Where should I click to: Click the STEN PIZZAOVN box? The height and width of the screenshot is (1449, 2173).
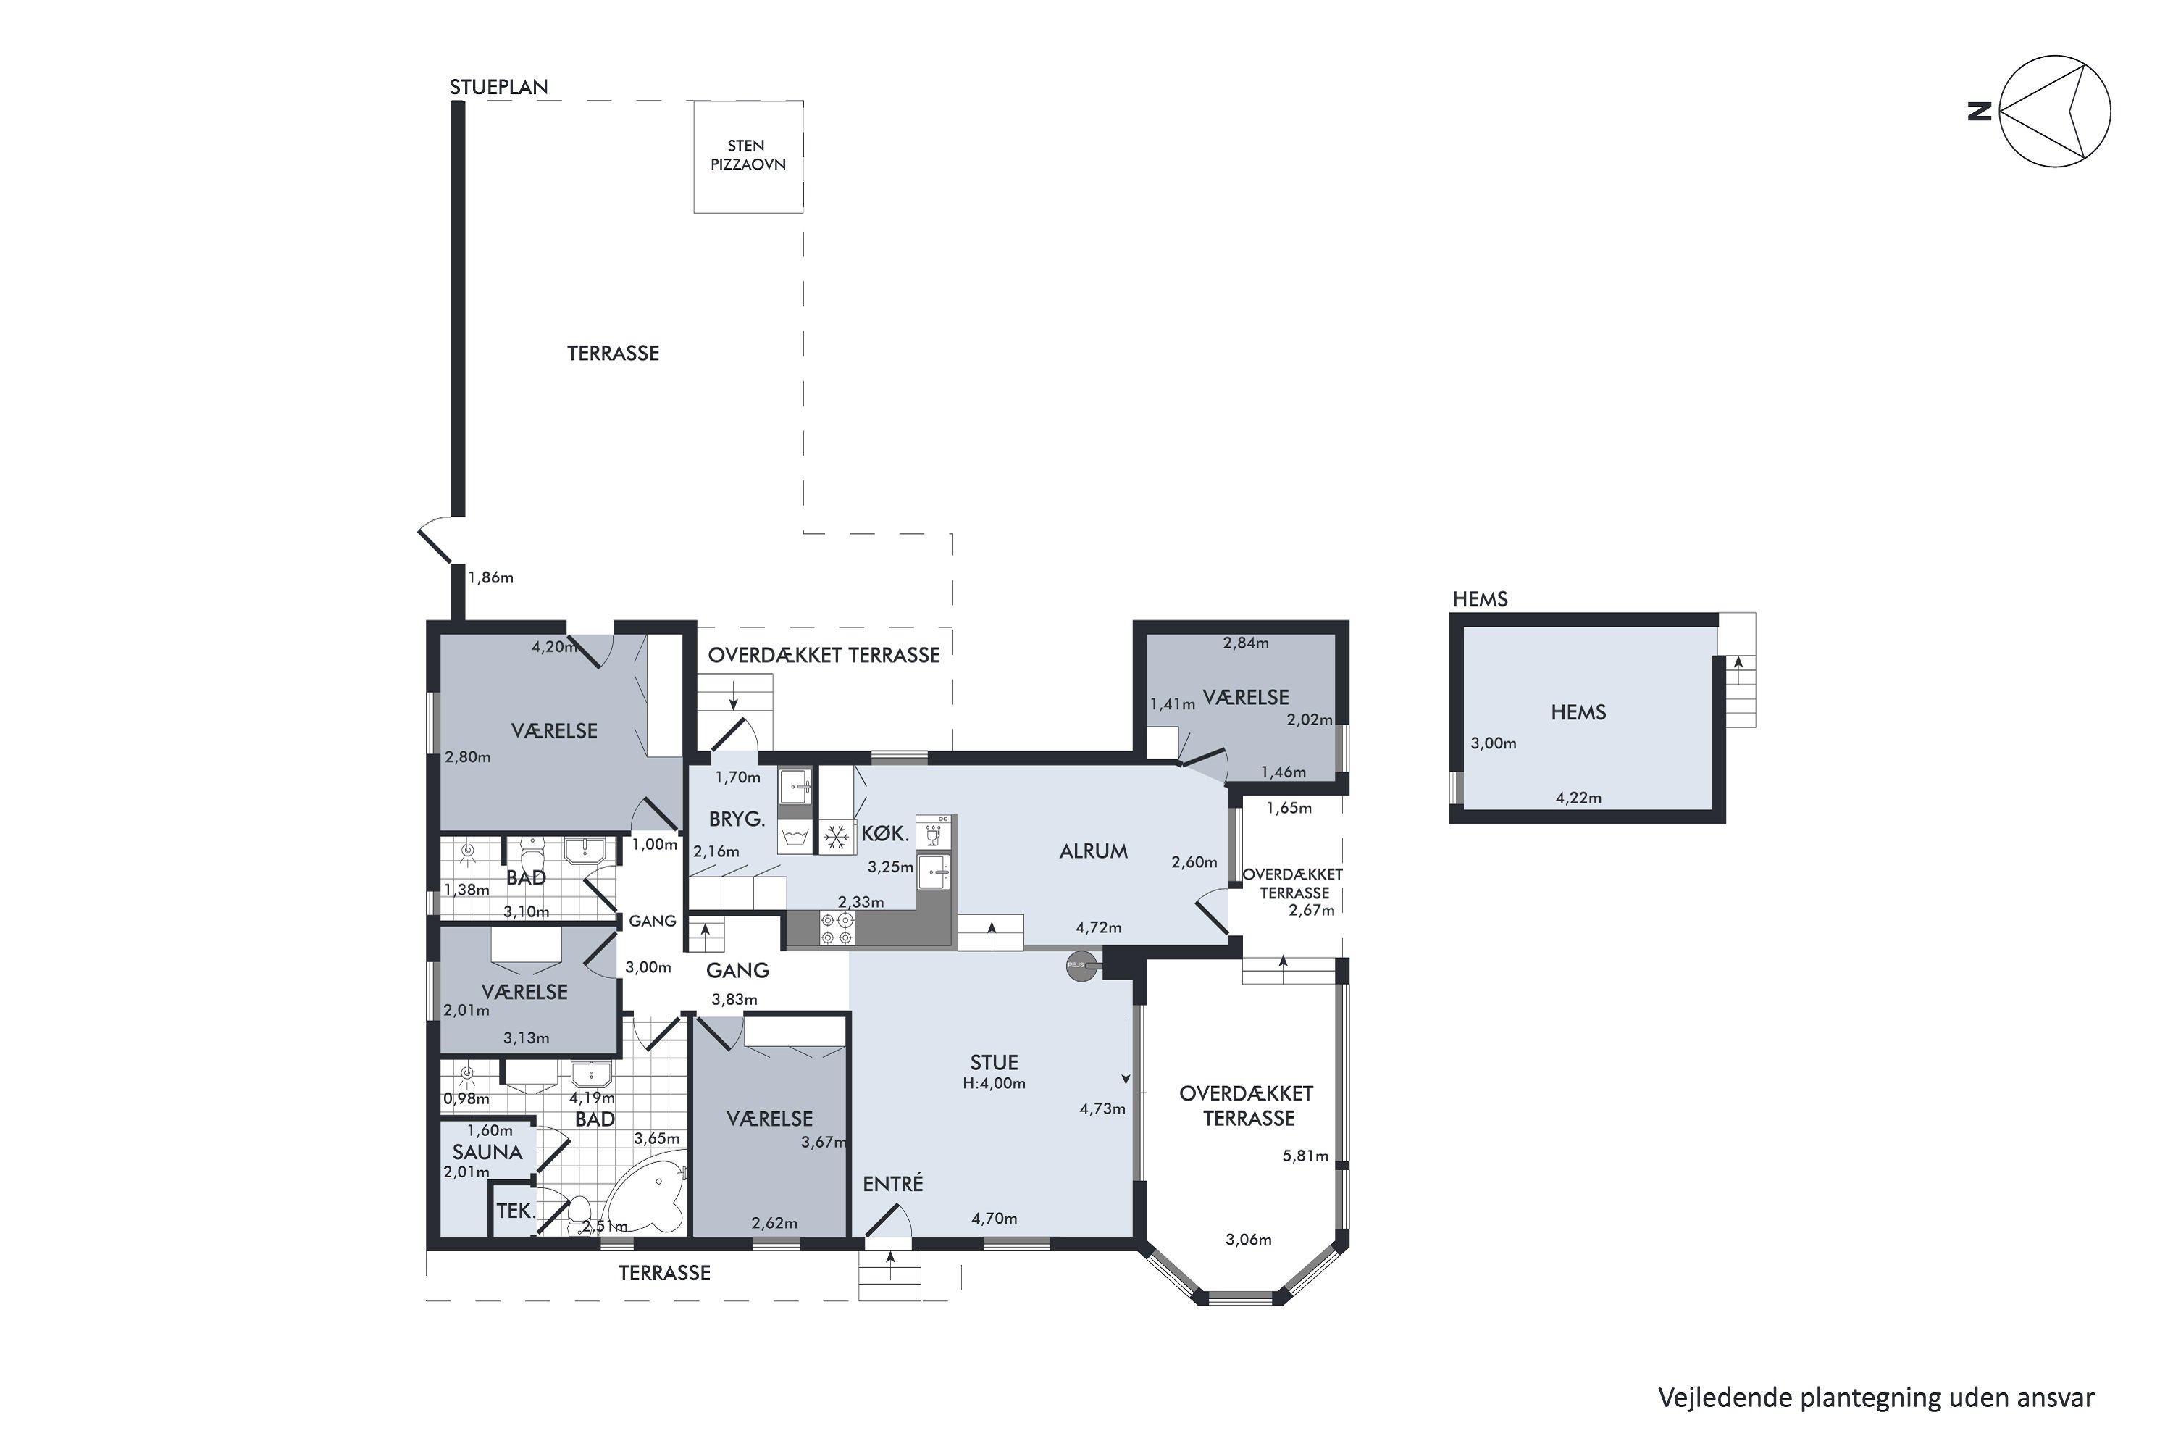click(748, 156)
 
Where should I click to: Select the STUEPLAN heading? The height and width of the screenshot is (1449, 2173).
click(499, 87)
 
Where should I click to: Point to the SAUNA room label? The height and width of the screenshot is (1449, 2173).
click(487, 1153)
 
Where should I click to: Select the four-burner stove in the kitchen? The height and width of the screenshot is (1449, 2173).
click(838, 929)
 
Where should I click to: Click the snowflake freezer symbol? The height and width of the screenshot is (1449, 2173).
click(836, 838)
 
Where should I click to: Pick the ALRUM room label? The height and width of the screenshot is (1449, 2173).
click(1093, 851)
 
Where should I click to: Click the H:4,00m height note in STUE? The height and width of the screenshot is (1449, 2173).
click(994, 1083)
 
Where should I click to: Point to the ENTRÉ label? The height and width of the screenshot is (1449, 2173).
click(892, 1184)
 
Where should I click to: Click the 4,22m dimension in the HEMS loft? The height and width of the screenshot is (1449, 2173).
click(1578, 798)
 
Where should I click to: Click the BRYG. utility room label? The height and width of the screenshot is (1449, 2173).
click(737, 819)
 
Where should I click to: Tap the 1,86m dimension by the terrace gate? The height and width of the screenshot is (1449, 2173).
click(490, 577)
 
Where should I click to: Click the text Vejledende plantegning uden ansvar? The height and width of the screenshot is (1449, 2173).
click(1875, 1398)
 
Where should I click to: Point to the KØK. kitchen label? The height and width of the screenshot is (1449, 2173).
click(885, 834)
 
